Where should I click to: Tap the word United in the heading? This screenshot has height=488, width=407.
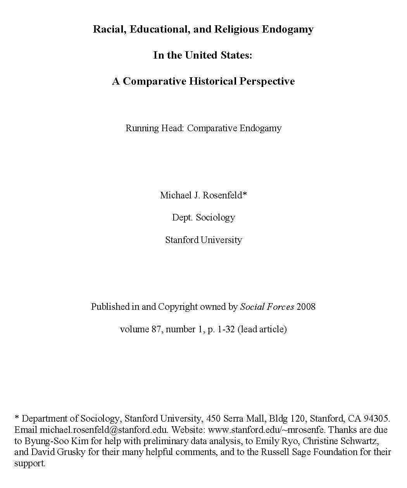pyautogui.click(x=201, y=55)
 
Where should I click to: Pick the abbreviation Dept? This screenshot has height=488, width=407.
pyautogui.click(x=182, y=217)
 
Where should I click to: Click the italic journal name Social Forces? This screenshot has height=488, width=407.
pyautogui.click(x=267, y=307)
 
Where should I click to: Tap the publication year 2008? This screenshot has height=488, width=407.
pyautogui.click(x=306, y=307)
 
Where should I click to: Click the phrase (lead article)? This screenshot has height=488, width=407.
pyautogui.click(x=262, y=329)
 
